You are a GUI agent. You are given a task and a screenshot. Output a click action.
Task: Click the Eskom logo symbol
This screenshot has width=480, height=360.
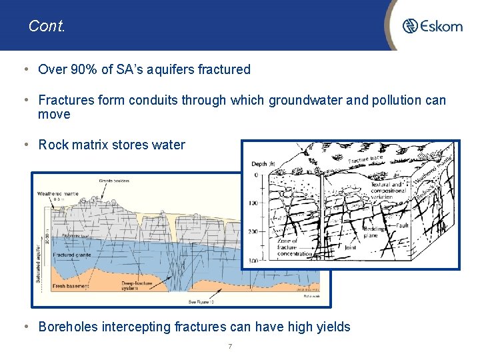[410, 26]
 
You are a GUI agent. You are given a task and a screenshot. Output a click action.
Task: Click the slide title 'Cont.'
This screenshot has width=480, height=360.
[47, 26]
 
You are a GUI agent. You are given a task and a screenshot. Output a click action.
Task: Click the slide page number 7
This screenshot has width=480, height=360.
[229, 346]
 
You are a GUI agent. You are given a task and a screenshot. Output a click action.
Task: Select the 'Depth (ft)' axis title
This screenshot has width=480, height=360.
[263, 164]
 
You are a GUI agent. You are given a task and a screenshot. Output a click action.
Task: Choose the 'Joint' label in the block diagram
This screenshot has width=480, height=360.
[351, 247]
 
